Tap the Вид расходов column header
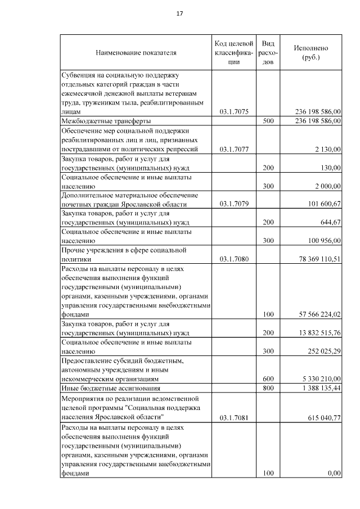pyautogui.click(x=268, y=53)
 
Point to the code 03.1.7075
pyautogui.click(x=234, y=112)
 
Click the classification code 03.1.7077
pyautogui.click(x=234, y=149)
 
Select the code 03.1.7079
pyautogui.click(x=234, y=204)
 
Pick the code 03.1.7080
pyautogui.click(x=234, y=259)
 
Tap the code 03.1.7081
pyautogui.click(x=234, y=417)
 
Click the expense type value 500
pyautogui.click(x=268, y=121)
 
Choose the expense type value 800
pyautogui.click(x=268, y=389)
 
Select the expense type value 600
pyautogui.click(x=268, y=379)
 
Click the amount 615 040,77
pyautogui.click(x=322, y=417)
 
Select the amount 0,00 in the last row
pyautogui.click(x=334, y=473)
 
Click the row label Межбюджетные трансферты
pyautogui.click(x=106, y=121)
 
